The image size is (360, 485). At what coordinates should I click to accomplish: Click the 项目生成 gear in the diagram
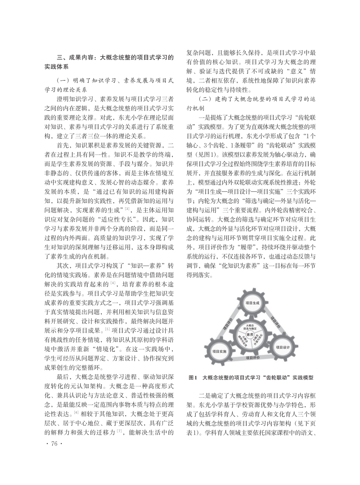click(x=253, y=303)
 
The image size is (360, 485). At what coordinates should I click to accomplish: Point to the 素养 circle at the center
click(x=250, y=334)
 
